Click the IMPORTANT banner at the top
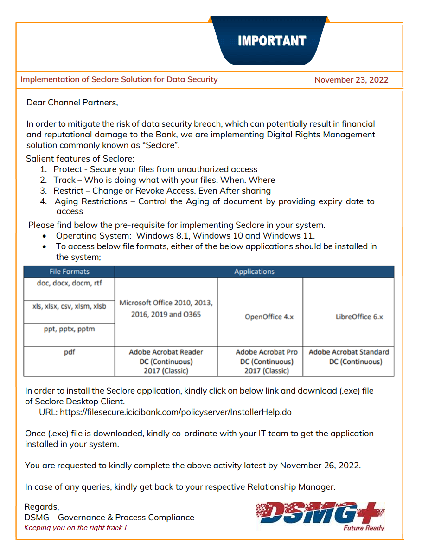click(x=272, y=41)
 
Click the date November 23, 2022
click(x=351, y=80)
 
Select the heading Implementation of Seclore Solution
click(x=119, y=79)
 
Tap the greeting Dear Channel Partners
click(x=72, y=103)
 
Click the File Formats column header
click(x=69, y=272)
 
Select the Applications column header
click(x=254, y=272)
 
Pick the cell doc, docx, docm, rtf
click(x=69, y=283)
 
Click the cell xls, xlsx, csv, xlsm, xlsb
click(x=69, y=306)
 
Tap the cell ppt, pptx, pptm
click(x=69, y=329)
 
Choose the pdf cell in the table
click(x=69, y=352)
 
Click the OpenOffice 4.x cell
click(x=269, y=317)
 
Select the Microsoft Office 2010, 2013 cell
click(x=166, y=308)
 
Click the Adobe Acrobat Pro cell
click(x=267, y=361)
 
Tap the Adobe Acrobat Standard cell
click(x=349, y=356)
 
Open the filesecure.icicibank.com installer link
click(x=175, y=412)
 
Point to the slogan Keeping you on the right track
click(x=75, y=528)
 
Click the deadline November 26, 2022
click(x=320, y=466)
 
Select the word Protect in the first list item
click(x=67, y=169)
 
